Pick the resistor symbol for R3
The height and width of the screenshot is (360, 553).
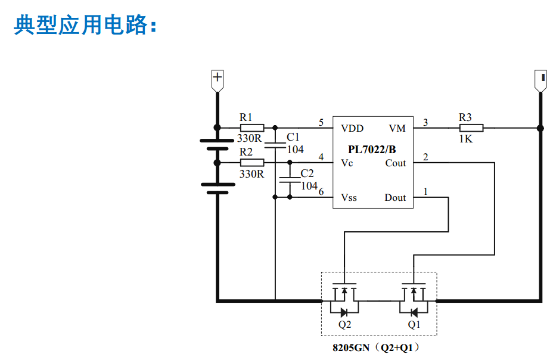[471, 128]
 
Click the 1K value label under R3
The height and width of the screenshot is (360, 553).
[465, 139]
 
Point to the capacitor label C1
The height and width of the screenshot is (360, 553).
[293, 137]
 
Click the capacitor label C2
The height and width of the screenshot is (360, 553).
[306, 173]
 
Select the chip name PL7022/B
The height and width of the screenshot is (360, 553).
[372, 149]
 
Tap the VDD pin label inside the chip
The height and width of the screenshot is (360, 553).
[352, 128]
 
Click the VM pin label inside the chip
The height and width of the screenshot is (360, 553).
[397, 128]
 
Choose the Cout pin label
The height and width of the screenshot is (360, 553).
[395, 163]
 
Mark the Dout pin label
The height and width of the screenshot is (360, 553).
[395, 198]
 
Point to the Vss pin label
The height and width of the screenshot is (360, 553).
[349, 198]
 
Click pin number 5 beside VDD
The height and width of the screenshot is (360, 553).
[321, 123]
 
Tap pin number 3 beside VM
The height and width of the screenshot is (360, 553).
[425, 123]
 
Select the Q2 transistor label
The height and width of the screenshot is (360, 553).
[344, 325]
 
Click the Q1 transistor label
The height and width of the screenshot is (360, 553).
[414, 325]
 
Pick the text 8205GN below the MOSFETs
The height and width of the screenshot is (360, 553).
[352, 347]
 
